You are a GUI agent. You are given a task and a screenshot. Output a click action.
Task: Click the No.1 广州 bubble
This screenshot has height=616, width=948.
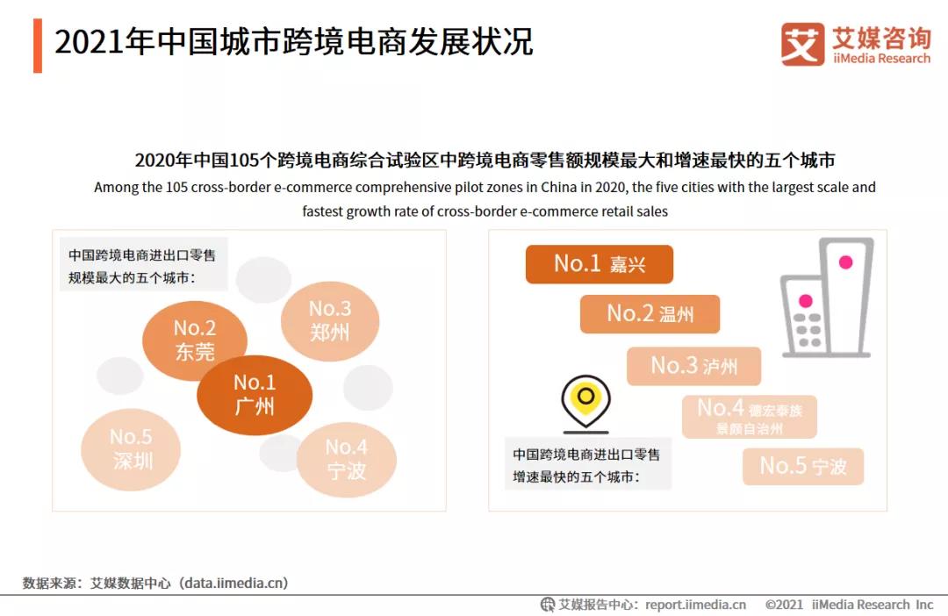tap(255, 395)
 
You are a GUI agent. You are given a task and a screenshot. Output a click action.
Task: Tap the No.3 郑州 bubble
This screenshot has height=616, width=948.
tap(330, 320)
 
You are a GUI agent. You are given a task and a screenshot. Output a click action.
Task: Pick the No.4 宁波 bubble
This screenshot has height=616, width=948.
tap(347, 459)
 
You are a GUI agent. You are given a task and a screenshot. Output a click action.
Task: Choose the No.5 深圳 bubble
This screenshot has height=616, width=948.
tap(132, 449)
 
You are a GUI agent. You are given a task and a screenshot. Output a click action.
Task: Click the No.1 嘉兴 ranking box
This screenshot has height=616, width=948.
tap(599, 264)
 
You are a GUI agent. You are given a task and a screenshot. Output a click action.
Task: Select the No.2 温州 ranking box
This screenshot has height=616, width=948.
tap(650, 314)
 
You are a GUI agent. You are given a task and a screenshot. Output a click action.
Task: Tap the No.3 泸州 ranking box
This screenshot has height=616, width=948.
tap(693, 365)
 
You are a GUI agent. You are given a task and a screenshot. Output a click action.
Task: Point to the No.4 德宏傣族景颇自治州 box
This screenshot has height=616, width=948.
tap(749, 417)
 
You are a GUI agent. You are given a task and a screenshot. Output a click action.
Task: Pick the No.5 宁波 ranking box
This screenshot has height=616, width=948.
tap(803, 466)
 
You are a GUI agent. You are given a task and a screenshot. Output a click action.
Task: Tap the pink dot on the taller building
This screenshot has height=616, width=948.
tap(845, 261)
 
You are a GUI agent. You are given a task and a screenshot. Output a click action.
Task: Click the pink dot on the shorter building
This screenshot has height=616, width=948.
tap(805, 301)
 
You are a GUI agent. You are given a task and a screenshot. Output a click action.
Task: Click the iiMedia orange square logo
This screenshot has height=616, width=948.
tap(802, 45)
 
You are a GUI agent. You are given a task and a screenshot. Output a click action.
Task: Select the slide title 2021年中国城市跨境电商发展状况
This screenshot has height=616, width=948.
tap(293, 42)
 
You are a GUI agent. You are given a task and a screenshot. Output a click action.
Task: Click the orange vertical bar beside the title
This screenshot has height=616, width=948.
tap(38, 45)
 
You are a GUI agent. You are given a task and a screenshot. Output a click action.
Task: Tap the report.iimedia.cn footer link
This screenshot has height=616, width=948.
tap(695, 605)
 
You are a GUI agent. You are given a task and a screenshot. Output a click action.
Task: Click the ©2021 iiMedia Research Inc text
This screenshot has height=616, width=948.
tap(849, 605)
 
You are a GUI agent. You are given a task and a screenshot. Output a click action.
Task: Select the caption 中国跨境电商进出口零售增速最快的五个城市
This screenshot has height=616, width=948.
tap(586, 466)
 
